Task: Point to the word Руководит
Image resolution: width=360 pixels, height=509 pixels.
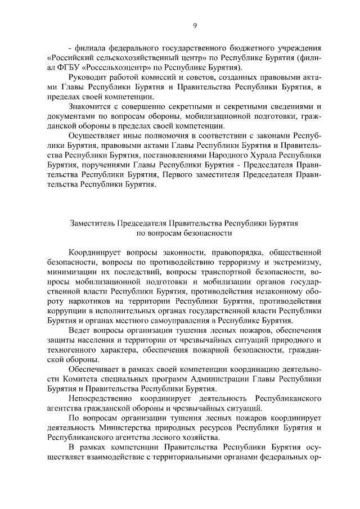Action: tap(89, 77)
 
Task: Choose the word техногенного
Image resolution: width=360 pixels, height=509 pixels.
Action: tap(74, 349)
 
